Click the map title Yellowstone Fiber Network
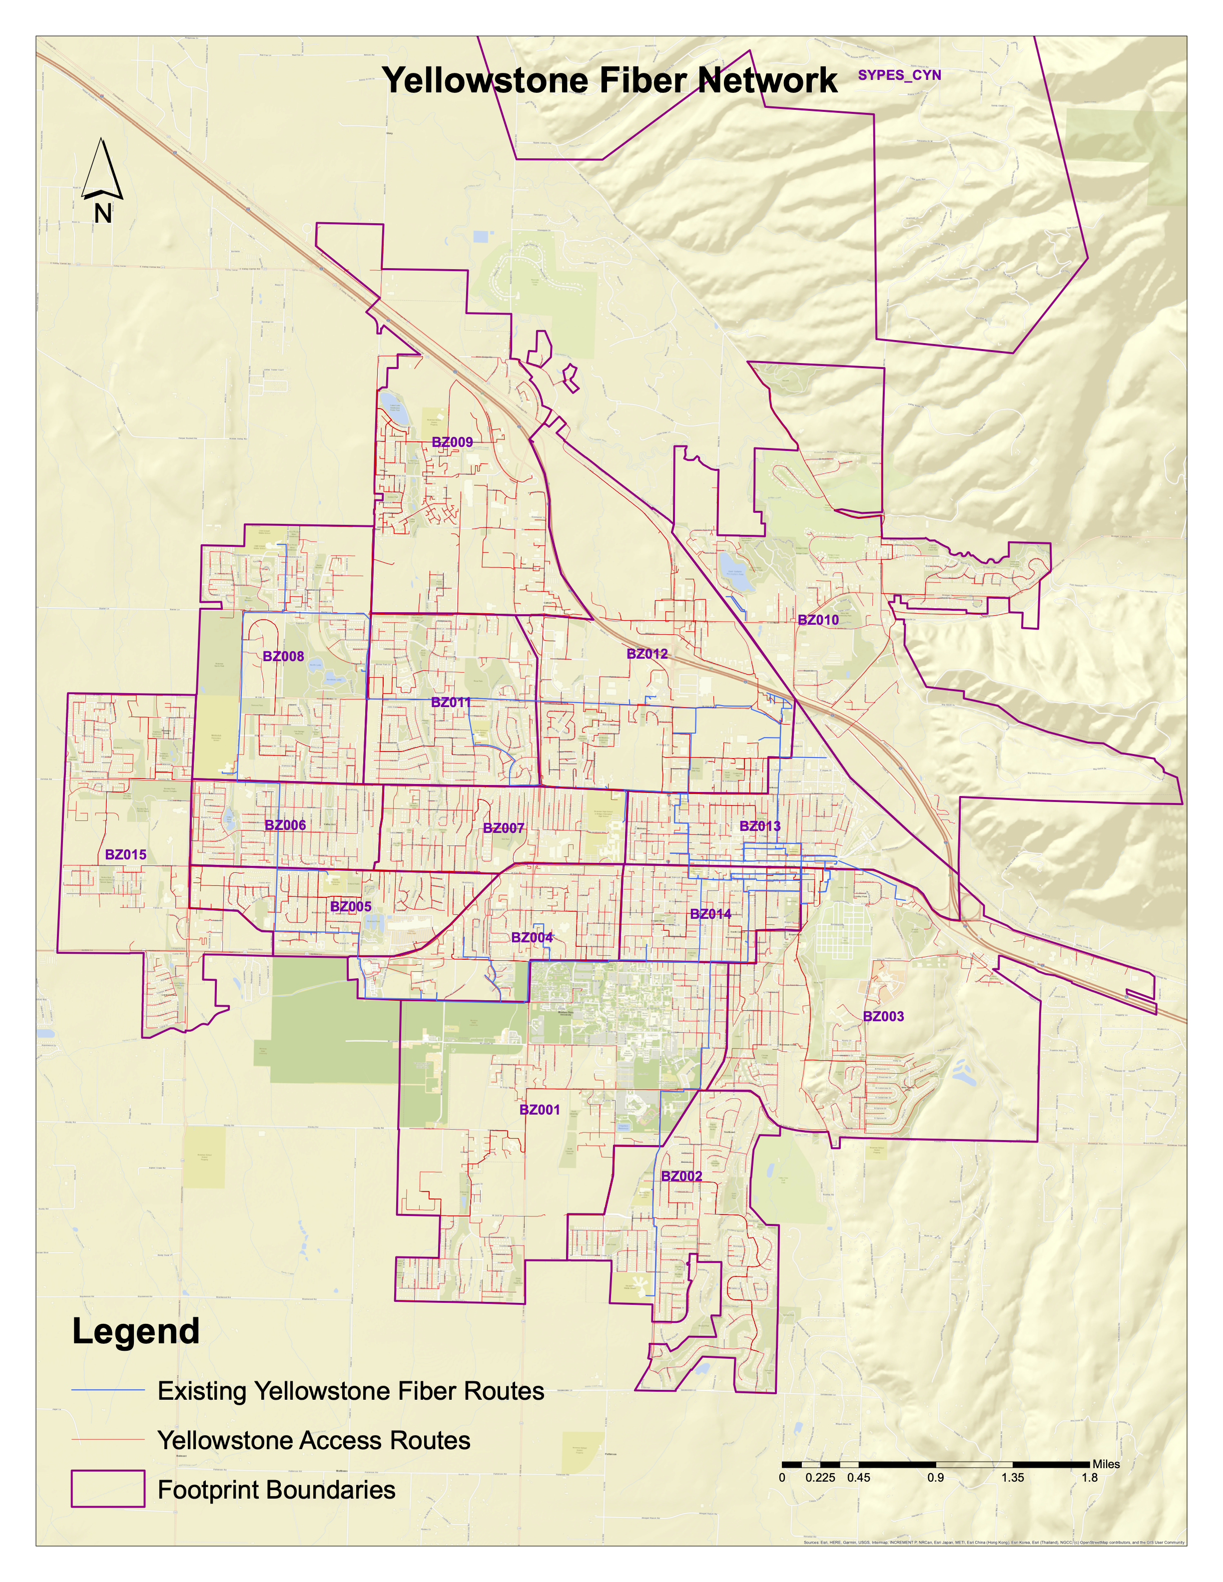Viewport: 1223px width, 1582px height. (x=610, y=80)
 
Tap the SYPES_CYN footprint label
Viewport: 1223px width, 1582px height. (x=899, y=75)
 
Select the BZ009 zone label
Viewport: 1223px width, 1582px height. (x=452, y=442)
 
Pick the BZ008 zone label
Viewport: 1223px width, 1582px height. (x=283, y=656)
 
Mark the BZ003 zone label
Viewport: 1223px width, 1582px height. (x=883, y=1016)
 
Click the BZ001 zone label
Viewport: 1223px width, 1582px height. (x=540, y=1110)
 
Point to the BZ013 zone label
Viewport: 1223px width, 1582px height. (x=760, y=826)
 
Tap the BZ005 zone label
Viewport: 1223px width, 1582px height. (x=351, y=906)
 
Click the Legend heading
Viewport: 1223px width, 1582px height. (x=136, y=1331)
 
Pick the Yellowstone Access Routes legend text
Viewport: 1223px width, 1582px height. (x=314, y=1440)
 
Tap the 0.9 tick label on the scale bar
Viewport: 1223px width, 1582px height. (x=935, y=1478)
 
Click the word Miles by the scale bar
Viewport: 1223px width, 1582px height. (x=1106, y=1464)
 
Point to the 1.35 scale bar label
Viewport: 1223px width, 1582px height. (x=1012, y=1478)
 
